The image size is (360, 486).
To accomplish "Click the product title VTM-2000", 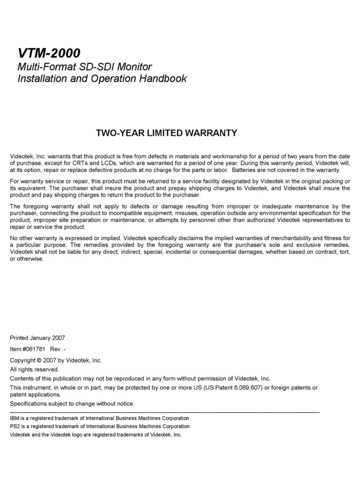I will point(49,53).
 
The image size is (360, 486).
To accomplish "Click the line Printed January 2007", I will point(37,337).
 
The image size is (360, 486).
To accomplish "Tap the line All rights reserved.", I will point(34,369).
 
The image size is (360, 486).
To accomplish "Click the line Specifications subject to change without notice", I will point(72,404).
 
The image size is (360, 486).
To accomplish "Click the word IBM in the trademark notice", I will point(15,418).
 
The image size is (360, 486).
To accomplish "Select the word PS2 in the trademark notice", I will point(15,426).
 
